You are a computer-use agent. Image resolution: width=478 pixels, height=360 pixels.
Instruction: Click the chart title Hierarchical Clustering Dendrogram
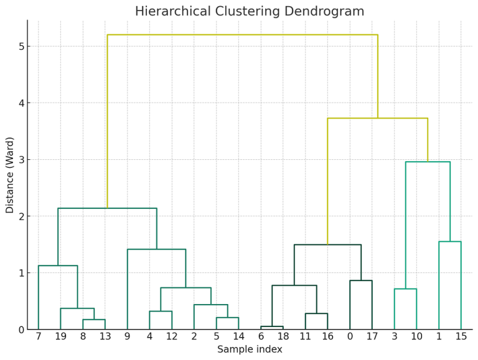click(250, 11)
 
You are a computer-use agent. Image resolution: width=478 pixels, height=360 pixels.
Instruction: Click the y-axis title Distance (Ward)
click(10, 175)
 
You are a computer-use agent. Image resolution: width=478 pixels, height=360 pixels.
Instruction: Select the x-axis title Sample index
click(250, 349)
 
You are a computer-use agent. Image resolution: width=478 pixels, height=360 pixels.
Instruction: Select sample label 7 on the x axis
click(39, 336)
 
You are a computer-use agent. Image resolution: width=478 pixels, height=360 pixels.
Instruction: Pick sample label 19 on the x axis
click(60, 336)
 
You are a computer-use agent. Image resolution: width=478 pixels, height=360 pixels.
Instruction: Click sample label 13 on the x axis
click(105, 336)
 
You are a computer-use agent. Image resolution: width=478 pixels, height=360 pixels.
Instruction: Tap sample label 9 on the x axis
click(128, 336)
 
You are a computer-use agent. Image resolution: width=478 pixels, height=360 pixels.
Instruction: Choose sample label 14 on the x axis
click(238, 336)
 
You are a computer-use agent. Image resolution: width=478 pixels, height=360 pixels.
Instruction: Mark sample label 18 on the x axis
click(283, 336)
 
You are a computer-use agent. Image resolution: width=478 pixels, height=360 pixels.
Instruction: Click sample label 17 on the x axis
click(372, 336)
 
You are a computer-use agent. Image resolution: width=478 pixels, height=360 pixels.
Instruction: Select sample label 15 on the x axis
click(461, 336)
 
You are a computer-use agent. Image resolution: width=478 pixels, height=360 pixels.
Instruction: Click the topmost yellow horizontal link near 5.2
click(243, 35)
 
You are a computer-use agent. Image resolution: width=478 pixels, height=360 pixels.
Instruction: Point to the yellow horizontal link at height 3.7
click(377, 118)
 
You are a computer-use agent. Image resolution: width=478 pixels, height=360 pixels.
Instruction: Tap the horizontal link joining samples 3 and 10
click(405, 288)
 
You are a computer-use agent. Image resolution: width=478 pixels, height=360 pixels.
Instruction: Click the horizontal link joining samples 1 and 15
click(450, 241)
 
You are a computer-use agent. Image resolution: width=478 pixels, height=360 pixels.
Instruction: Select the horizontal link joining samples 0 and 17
click(361, 280)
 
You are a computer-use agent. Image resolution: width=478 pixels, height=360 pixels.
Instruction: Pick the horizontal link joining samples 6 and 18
click(272, 326)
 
